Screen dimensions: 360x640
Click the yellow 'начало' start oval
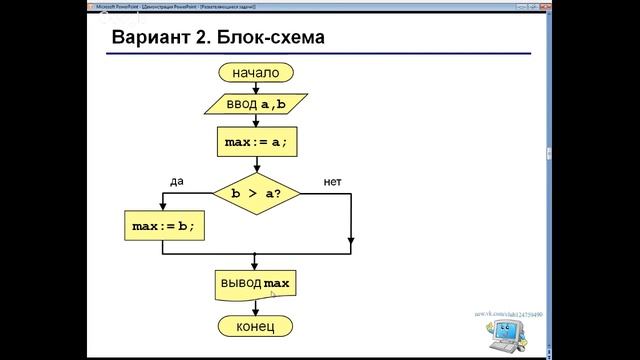point(256,72)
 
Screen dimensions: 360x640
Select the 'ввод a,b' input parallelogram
point(256,103)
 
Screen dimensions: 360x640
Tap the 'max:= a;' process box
point(256,142)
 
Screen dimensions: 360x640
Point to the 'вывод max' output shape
point(256,285)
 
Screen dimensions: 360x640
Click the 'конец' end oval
point(256,327)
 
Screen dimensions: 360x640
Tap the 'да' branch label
point(177,181)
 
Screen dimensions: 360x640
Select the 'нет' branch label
point(334,181)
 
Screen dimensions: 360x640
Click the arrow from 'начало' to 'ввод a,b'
point(256,87)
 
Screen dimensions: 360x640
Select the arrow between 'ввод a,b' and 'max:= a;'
point(256,120)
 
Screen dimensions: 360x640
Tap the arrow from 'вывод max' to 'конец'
point(256,308)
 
